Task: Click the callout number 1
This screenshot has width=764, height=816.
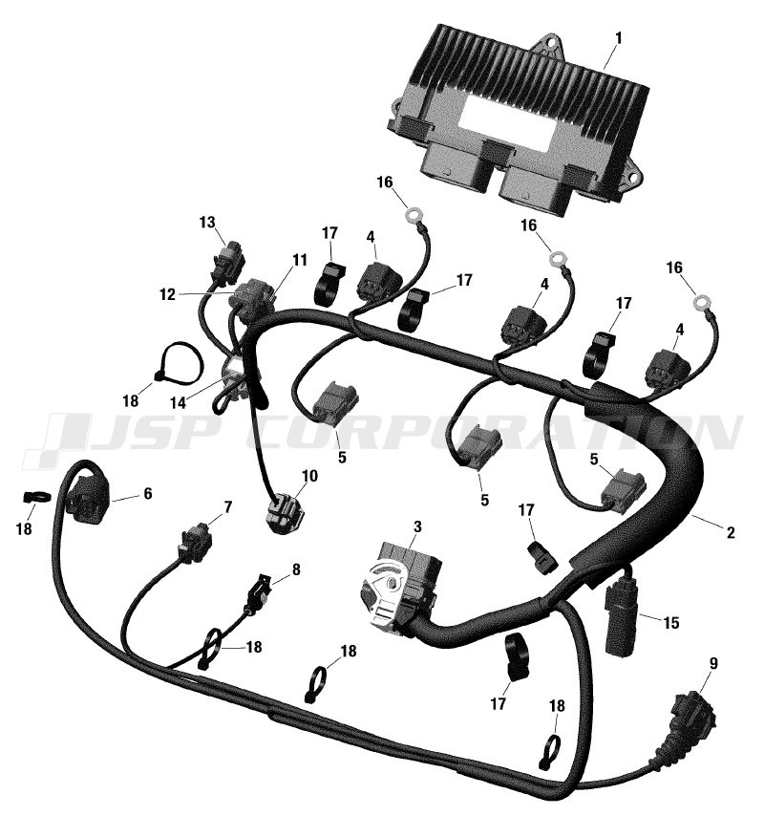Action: tap(618, 38)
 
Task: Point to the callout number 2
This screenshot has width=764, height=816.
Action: tap(731, 532)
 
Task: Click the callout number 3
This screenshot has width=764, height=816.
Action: tap(417, 526)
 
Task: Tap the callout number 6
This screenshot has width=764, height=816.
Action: tap(148, 493)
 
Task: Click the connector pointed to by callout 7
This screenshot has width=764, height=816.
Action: tap(195, 543)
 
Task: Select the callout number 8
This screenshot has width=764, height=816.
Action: tap(295, 569)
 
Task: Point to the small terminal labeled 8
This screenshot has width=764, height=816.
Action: tap(259, 593)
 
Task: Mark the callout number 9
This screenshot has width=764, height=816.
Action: tap(713, 663)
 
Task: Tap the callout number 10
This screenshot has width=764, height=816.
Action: tap(309, 476)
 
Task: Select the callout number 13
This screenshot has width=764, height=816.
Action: tap(207, 223)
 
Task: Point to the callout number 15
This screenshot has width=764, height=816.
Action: tap(671, 622)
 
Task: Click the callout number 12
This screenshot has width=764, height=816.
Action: tap(167, 295)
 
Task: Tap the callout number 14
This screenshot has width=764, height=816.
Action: tap(178, 403)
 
